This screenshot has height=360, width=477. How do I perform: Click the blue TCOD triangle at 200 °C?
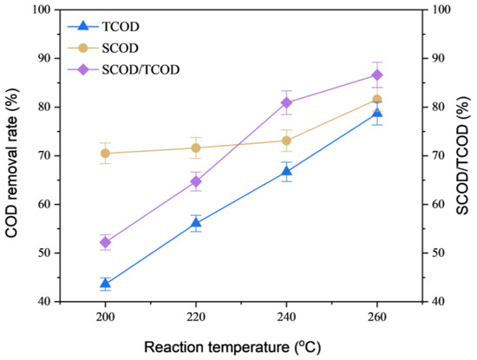(x=106, y=284)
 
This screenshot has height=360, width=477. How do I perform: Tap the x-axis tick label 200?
(x=106, y=316)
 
